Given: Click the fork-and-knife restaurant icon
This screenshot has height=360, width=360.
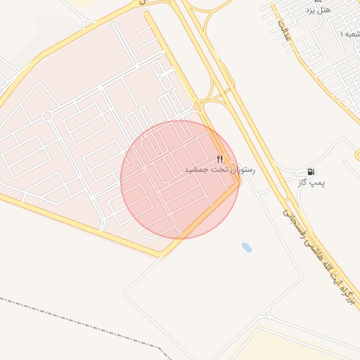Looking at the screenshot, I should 220,159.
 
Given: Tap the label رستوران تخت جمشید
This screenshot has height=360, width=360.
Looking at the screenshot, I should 220,170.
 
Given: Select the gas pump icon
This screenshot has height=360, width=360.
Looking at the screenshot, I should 311,172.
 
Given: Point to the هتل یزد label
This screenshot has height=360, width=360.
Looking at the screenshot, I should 319,10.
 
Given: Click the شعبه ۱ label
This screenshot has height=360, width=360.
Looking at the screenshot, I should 349,34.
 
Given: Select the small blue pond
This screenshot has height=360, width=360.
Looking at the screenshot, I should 246,247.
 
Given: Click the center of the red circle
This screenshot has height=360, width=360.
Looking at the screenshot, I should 180,179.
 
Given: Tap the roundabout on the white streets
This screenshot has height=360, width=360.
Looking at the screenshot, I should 47,115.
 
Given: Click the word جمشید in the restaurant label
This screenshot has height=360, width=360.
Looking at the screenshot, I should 198,170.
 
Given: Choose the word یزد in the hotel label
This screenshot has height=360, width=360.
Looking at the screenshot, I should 311,10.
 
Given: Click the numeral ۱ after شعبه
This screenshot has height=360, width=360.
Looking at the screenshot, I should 342,34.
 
